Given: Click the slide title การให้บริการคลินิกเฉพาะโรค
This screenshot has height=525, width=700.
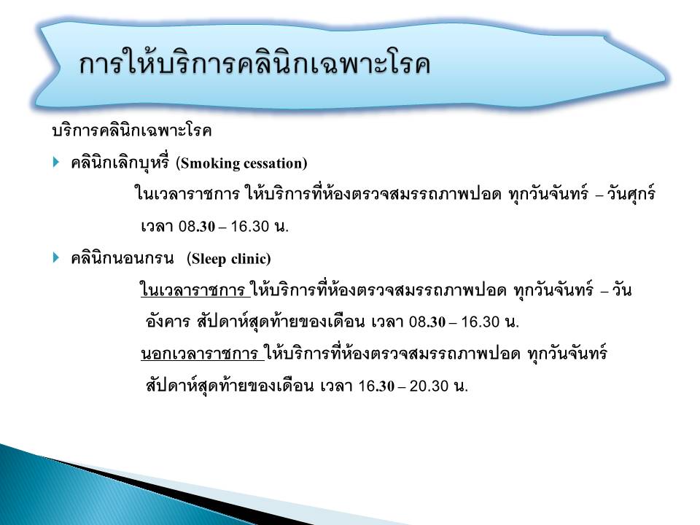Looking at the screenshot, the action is pos(254,63).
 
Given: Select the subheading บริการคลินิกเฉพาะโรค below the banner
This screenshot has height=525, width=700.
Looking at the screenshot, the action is pos(132,131).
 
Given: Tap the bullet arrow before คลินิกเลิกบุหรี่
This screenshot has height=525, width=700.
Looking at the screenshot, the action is pos(56,162).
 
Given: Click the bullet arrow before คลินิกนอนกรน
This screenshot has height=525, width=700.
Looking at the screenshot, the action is pos(56,257).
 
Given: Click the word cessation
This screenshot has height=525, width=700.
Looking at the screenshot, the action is pos(273,163).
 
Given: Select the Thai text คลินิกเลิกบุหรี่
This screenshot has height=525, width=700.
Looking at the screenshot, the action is pos(120,162).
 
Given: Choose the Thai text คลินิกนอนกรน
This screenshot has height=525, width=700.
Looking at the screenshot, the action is pos(122,257).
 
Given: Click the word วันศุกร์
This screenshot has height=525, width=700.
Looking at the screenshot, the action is pos(630,194).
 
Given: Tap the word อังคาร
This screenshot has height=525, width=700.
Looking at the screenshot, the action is pos(168,321).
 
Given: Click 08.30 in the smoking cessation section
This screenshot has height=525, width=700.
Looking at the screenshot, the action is pos(197,226).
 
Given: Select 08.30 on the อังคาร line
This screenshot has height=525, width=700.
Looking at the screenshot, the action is pos(427,322).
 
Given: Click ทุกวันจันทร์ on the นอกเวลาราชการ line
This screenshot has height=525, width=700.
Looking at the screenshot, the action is pos(567,353).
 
